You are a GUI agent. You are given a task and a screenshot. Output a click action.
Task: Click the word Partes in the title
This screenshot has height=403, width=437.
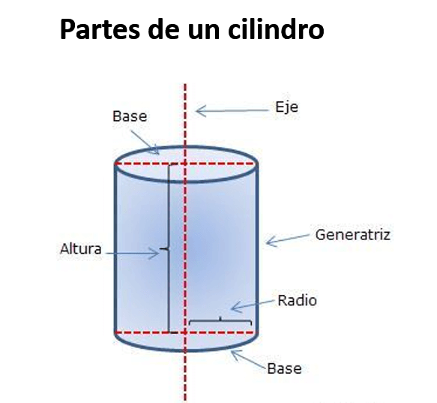[x=100, y=29]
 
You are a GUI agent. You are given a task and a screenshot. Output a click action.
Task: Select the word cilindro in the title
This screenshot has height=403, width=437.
[x=276, y=29]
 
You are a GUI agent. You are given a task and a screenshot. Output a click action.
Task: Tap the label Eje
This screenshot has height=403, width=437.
[x=286, y=107]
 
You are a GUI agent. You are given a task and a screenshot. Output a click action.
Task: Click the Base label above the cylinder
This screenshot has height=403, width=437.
[x=130, y=116]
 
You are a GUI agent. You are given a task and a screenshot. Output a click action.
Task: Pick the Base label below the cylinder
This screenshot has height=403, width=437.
[x=284, y=368]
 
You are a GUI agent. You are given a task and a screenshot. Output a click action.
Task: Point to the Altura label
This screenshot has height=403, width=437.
[x=80, y=249]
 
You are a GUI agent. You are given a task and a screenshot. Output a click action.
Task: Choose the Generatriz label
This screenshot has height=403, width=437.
[x=352, y=235]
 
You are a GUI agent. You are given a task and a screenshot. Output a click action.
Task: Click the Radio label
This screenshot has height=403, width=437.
[x=297, y=301]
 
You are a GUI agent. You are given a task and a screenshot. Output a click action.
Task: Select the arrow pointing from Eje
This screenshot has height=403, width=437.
[x=232, y=111]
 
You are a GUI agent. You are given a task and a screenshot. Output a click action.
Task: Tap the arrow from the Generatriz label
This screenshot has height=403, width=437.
[x=288, y=240]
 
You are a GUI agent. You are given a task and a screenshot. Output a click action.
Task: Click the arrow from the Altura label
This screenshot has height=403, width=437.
[x=132, y=254]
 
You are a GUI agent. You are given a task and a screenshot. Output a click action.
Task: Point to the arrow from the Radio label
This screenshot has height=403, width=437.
[x=253, y=305]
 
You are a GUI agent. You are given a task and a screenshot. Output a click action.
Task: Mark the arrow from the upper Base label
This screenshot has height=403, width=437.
[x=145, y=143]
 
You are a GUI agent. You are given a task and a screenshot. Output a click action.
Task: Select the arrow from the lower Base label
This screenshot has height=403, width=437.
[x=249, y=359]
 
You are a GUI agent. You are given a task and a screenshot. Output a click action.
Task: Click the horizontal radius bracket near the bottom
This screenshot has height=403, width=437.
[x=220, y=320]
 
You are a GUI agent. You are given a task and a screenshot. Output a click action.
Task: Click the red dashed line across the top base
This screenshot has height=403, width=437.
[x=186, y=164]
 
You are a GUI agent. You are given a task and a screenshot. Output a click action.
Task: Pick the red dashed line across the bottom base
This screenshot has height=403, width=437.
[x=186, y=332]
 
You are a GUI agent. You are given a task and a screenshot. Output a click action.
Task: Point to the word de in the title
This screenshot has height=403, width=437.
[x=163, y=29]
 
